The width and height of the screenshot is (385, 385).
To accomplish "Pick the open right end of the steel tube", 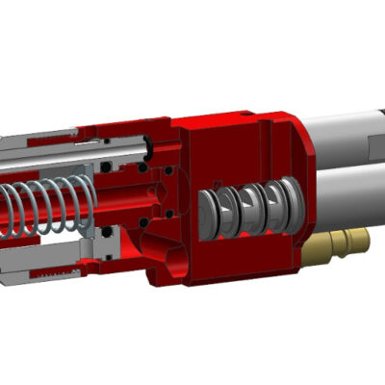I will [150, 146].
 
